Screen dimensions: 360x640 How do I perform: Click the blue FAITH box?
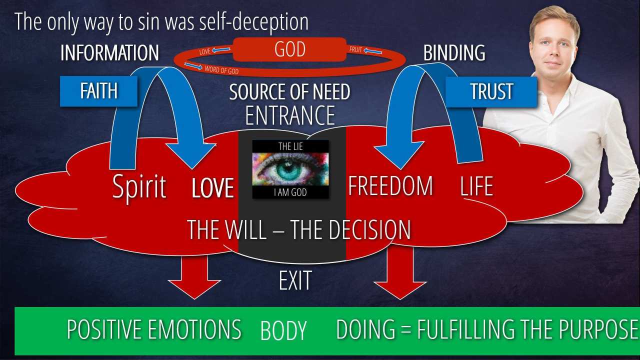coord(98,91)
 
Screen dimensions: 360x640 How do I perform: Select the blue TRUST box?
coord(491,91)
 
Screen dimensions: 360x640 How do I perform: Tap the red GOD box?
coord(290,50)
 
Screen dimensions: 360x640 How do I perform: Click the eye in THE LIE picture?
coord(290,169)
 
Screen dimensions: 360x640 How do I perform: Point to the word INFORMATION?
coord(109,53)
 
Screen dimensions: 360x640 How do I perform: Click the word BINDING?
coord(454,53)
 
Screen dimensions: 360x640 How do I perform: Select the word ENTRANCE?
coord(290,115)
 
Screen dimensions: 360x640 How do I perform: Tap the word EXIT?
coord(295,281)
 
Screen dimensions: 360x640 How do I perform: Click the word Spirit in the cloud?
coord(139,186)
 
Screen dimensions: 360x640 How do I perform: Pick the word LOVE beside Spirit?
coord(213,188)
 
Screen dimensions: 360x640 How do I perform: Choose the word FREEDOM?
coord(390,186)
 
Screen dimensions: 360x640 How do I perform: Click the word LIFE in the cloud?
coord(476,186)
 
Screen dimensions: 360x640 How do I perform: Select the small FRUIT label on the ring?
coord(356,50)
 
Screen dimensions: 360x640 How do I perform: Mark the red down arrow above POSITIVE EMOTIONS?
coord(194,276)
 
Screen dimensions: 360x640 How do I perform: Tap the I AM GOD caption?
coord(290,192)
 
